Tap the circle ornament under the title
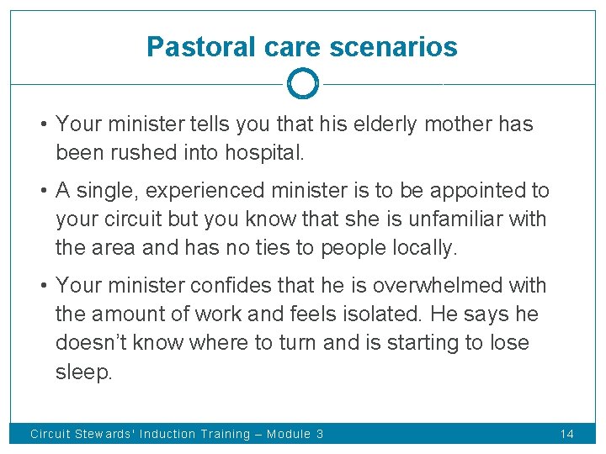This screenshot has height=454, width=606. [x=303, y=84]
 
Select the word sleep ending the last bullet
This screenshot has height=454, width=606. [x=82, y=372]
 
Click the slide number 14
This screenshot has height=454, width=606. [x=566, y=434]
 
